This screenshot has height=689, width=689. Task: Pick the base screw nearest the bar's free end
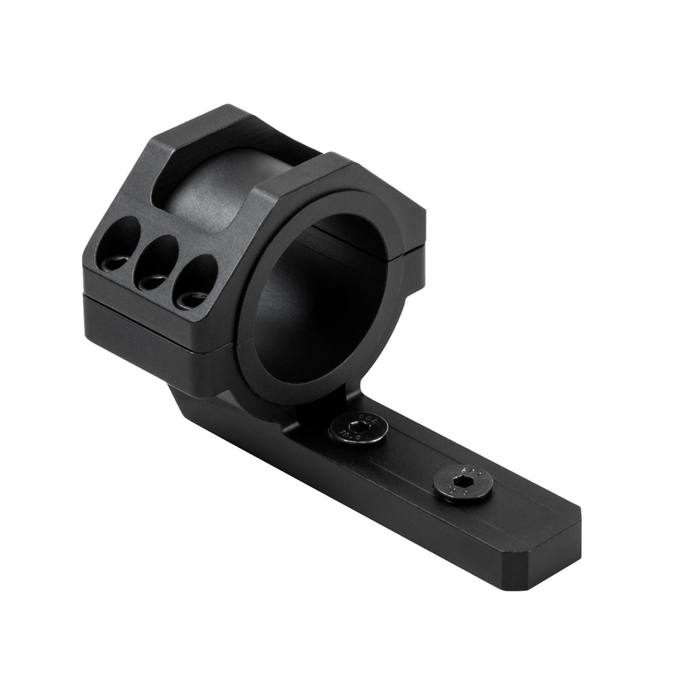[462, 483]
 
